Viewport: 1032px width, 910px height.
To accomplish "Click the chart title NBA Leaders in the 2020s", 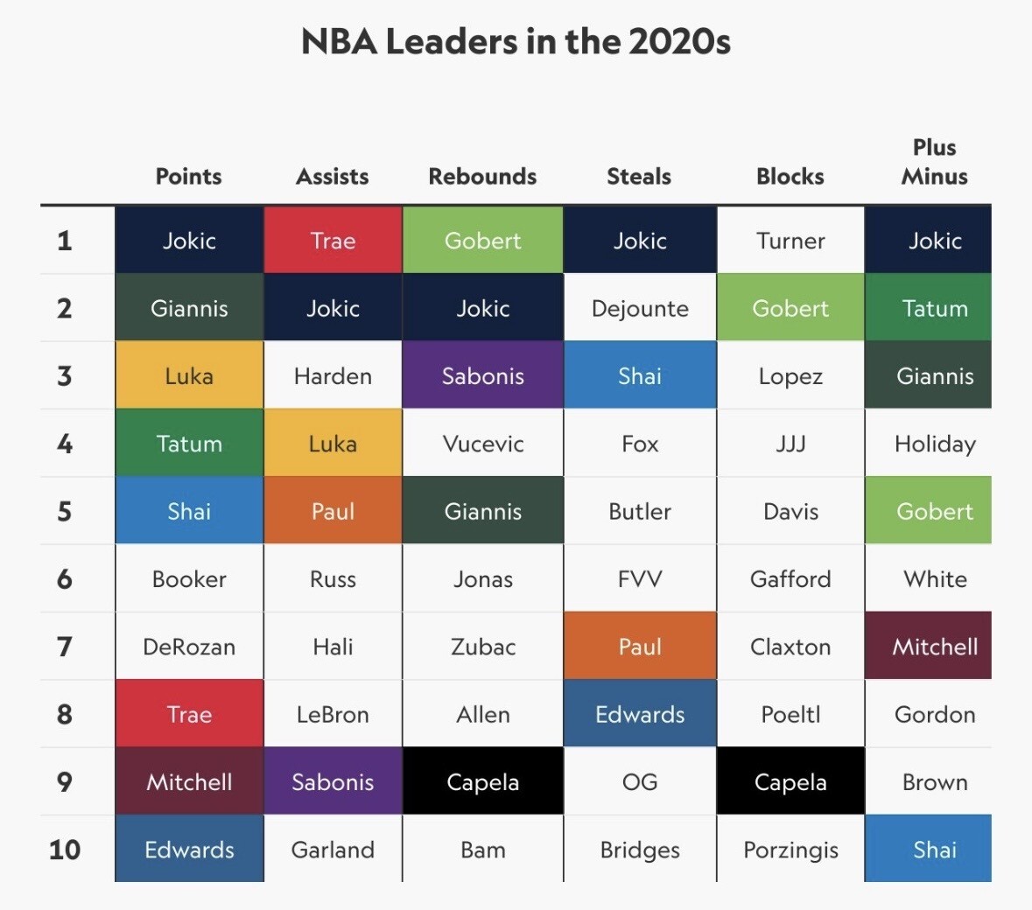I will [x=516, y=41].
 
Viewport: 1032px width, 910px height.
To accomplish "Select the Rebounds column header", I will [x=482, y=176].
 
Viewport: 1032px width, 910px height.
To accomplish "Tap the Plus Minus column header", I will [x=934, y=162].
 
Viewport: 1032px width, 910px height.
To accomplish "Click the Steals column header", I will [x=639, y=176].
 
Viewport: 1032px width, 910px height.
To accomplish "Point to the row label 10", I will [x=65, y=849].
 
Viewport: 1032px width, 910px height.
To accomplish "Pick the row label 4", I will [x=65, y=444].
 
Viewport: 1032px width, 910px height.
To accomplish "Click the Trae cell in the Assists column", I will [x=333, y=241].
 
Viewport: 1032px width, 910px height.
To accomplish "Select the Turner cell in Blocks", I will [x=790, y=241].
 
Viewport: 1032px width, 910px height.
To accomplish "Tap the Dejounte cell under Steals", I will [x=640, y=308].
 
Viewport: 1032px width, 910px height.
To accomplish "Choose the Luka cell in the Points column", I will [x=189, y=376].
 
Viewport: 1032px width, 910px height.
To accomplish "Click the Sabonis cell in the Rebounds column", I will [x=482, y=376].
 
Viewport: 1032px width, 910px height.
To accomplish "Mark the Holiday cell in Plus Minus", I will [x=934, y=444].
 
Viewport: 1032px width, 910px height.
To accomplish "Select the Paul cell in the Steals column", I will [x=640, y=647].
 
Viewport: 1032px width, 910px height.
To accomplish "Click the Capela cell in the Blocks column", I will [x=790, y=781].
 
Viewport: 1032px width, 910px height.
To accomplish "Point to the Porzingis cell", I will [x=790, y=849].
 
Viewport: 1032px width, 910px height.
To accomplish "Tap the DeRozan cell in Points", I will [x=189, y=647].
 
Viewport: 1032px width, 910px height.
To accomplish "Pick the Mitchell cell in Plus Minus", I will [x=934, y=647].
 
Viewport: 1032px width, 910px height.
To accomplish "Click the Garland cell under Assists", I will [x=333, y=849].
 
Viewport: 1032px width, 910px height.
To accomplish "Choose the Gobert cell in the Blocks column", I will [x=790, y=308].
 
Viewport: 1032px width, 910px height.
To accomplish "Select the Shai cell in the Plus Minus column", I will [x=934, y=849].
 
